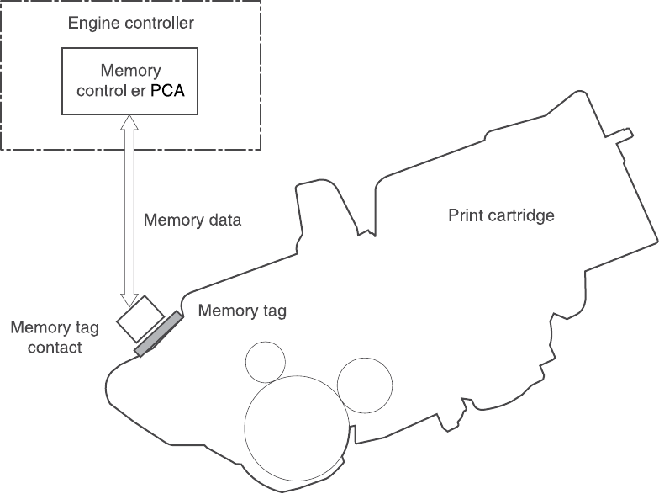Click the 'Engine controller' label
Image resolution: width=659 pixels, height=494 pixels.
coord(130,22)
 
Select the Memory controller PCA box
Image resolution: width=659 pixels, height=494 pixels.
coord(130,82)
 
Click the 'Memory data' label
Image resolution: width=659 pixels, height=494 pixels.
coord(192,221)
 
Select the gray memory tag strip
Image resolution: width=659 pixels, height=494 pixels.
coord(158,333)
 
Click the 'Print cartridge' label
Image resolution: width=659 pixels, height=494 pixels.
coord(501,216)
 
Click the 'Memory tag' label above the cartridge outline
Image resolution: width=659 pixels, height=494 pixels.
coord(242,311)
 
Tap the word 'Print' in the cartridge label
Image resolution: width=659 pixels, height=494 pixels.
coord(465,216)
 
